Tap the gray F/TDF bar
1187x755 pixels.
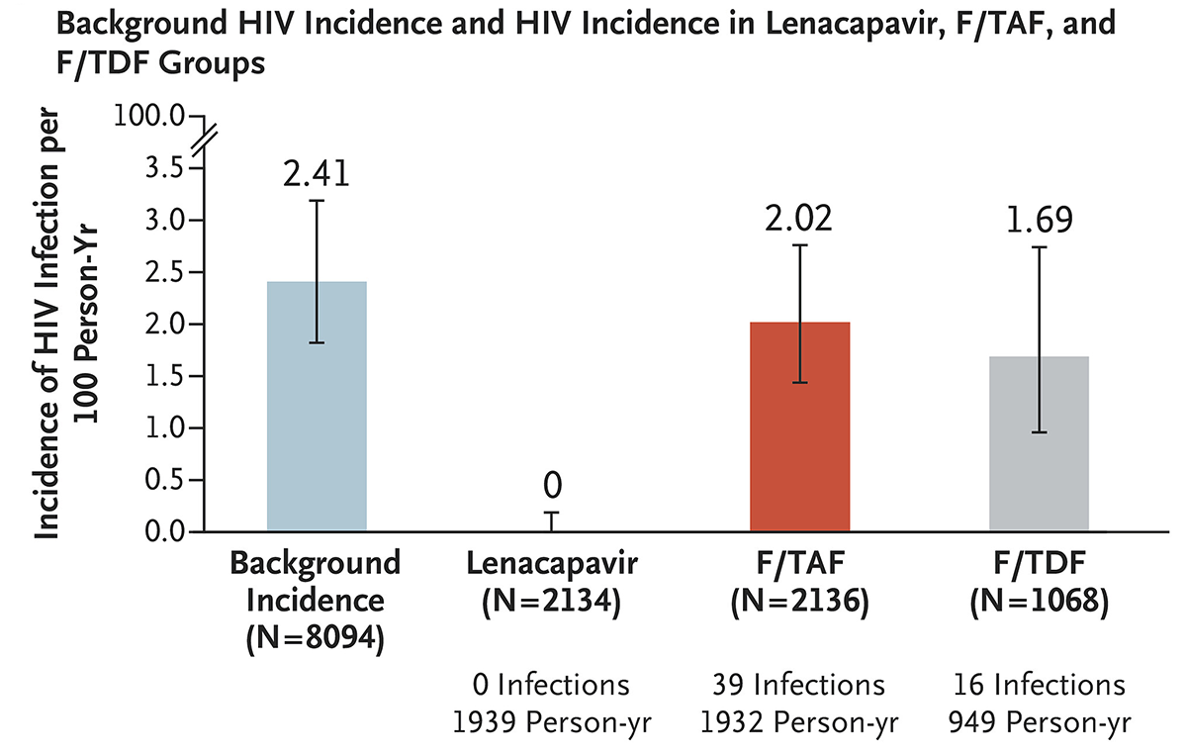pos(1039,444)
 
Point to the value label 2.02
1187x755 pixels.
pos(800,217)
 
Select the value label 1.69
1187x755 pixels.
pos(1039,219)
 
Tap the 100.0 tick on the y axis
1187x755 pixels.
pos(150,116)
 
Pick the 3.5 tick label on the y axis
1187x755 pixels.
pos(164,168)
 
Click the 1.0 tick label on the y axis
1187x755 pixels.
pos(164,428)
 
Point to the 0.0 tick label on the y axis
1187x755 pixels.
pos(164,532)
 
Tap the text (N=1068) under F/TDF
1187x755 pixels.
pos(1039,602)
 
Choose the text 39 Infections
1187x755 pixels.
pos(799,685)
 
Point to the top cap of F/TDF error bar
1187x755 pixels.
pos(1039,247)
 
